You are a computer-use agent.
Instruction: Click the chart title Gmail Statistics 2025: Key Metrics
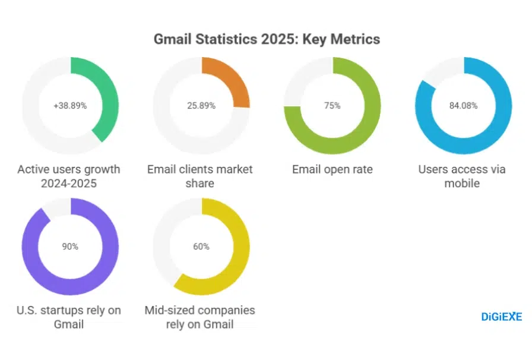[267, 39]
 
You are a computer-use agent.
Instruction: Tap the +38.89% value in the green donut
[70, 106]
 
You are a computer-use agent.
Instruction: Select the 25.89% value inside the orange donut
[201, 106]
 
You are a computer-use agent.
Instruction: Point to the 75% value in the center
[332, 106]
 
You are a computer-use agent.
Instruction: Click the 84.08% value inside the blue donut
[464, 106]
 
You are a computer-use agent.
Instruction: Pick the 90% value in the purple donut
[70, 247]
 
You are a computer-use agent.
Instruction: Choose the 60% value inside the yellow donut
[201, 247]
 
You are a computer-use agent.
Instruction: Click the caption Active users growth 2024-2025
[69, 176]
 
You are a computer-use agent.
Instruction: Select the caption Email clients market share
[200, 176]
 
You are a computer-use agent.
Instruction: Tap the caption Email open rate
[332, 170]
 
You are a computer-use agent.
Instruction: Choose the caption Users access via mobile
[462, 176]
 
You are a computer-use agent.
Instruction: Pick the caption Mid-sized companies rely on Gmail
[200, 317]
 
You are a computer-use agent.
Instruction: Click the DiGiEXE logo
[501, 317]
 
